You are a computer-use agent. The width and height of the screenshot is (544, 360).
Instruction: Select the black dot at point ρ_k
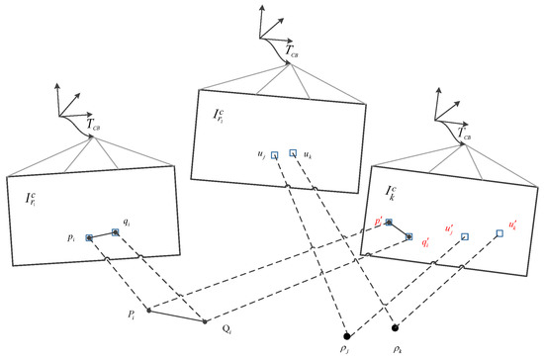[x=395, y=327]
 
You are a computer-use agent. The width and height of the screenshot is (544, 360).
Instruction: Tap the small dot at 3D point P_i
[x=148, y=311]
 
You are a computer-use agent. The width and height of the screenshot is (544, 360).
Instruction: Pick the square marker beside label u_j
[x=275, y=154]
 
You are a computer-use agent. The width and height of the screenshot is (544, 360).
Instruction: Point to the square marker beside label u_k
[x=294, y=154]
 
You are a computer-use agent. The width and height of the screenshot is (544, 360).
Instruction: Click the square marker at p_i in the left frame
[x=90, y=238]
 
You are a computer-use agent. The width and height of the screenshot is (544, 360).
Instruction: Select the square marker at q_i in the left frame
[x=116, y=232]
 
